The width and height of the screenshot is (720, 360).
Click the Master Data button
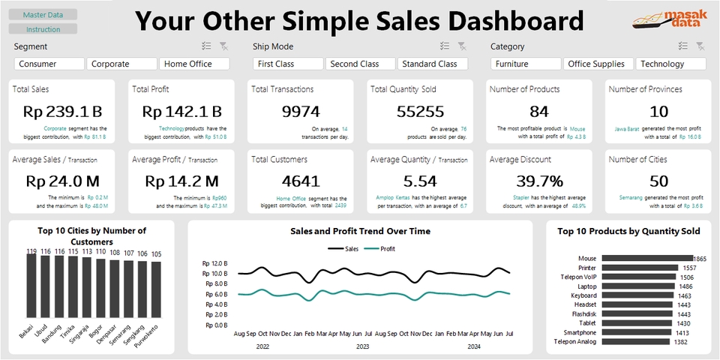[x=43, y=15]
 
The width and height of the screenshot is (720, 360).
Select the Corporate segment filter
[x=121, y=64]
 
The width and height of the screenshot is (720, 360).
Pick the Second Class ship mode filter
[x=360, y=64]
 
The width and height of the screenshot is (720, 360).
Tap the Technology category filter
[x=670, y=64]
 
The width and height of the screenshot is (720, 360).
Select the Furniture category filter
[x=525, y=64]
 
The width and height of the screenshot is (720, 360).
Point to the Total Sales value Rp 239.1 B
[x=63, y=112]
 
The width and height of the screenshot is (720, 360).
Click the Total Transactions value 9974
[x=301, y=112]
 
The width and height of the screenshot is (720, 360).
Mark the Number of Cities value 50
[x=658, y=181]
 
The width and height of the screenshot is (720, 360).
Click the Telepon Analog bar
[x=634, y=341]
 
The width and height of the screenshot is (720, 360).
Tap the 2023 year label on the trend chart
[x=361, y=346]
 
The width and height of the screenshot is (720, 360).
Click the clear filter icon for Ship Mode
[x=463, y=46]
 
